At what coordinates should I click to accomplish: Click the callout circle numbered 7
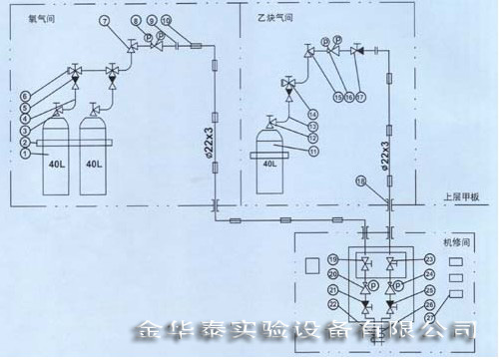click(x=105, y=21)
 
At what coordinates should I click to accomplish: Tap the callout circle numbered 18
click(x=361, y=180)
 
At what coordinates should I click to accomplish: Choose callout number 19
click(x=331, y=259)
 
